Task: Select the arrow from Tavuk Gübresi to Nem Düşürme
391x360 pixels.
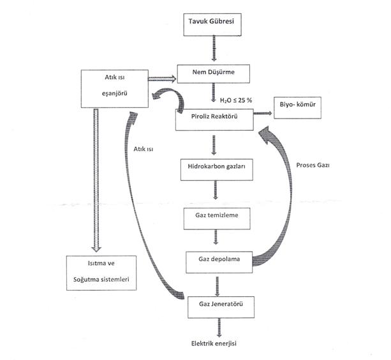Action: coord(214,49)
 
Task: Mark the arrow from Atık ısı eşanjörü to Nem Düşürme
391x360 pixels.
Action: coord(161,79)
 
